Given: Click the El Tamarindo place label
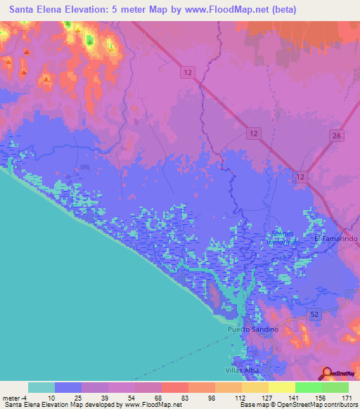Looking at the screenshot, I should [x=336, y=239].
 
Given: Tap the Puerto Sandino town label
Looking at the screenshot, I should [x=254, y=329].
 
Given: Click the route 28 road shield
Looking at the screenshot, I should [x=336, y=136].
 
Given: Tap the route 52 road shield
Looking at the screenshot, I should [x=314, y=313].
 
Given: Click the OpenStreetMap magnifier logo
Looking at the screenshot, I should [x=328, y=372].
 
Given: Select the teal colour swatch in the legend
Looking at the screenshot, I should [x=41, y=387].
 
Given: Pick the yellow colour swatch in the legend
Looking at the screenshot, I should [x=255, y=387].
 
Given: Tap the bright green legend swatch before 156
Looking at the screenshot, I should [x=308, y=387].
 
